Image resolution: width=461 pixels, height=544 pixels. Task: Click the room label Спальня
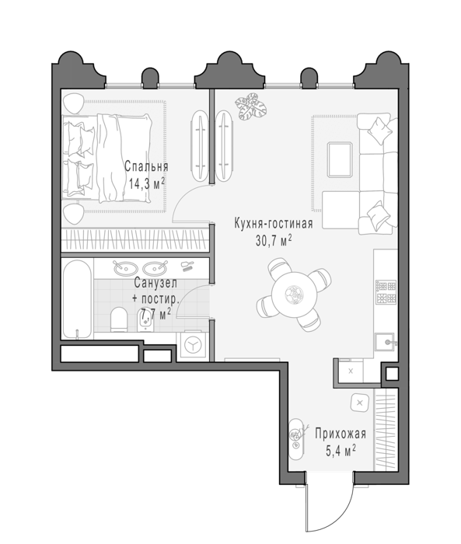click(x=146, y=166)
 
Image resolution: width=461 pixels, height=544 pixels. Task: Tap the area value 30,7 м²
click(x=274, y=239)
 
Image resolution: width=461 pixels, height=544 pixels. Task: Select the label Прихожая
click(x=341, y=434)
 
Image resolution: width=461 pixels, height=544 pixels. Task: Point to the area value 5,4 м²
click(x=341, y=451)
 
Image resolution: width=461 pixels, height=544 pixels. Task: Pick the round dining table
click(x=295, y=295)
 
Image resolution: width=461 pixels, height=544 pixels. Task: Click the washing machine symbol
click(x=192, y=346)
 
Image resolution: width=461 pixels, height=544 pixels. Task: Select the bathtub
click(x=77, y=299)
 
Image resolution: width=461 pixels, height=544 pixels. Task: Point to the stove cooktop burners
click(x=386, y=291)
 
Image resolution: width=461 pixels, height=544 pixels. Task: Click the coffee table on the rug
click(x=340, y=159)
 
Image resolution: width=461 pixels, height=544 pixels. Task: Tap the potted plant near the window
click(x=250, y=106)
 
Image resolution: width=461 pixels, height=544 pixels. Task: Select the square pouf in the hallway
click(x=360, y=403)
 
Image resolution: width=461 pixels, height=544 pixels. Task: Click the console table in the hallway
click(x=297, y=439)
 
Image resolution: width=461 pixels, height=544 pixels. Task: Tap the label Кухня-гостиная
click(x=274, y=223)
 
